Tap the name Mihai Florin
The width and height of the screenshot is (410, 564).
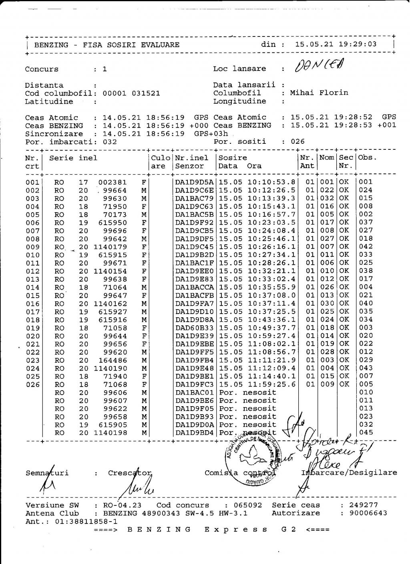[319, 93]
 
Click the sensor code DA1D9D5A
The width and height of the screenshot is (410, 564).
[195, 182]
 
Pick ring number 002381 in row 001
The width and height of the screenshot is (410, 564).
[113, 182]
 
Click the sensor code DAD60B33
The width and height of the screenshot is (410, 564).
[195, 328]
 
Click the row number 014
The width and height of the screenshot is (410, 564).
[32, 288]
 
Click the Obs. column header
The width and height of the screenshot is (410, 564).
[368, 158]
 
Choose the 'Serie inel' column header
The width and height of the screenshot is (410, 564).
[73, 158]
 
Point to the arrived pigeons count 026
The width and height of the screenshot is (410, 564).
[298, 141]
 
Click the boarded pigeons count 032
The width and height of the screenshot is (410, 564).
[110, 142]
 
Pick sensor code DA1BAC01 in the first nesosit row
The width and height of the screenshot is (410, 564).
[195, 393]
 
